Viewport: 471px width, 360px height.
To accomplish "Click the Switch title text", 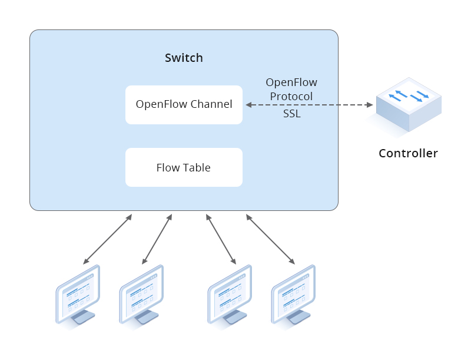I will pos(184,58).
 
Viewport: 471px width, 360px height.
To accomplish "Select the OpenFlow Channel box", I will pos(184,105).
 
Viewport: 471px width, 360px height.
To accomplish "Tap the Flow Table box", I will pos(184,167).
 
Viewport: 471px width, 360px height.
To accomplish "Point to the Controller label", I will pos(408,154).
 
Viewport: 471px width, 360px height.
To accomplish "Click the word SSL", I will pos(291,114).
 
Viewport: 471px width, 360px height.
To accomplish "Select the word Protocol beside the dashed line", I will pos(291,96).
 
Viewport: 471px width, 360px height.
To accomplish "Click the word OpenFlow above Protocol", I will pos(291,82).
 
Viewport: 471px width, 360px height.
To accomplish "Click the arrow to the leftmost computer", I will pos(108,239).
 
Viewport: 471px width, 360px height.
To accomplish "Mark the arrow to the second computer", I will pos(157,239).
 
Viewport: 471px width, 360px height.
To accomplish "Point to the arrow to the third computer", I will pos(221,239).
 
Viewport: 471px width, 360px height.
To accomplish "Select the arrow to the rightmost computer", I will pos(270,239).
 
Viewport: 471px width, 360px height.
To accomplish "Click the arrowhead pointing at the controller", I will pos(370,105).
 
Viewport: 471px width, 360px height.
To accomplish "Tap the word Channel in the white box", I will pos(211,105).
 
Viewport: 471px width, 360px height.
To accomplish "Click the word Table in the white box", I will pos(197,168).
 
